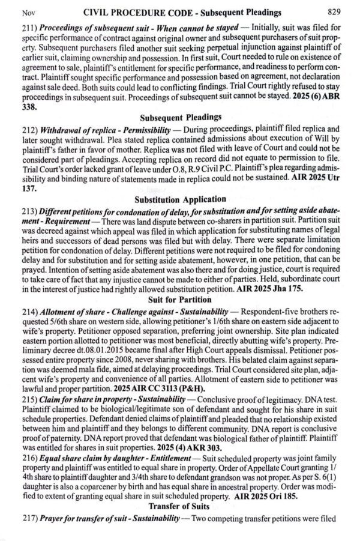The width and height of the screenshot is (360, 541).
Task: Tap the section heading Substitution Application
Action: click(x=180, y=199)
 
